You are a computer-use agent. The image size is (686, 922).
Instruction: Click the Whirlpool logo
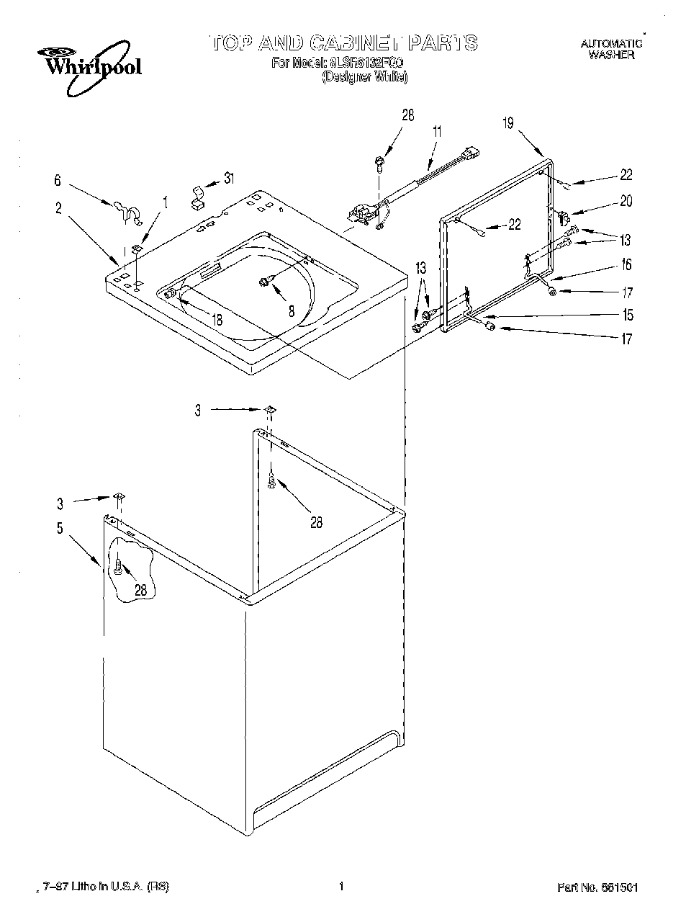[89, 68]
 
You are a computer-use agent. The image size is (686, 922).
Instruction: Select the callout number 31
[229, 178]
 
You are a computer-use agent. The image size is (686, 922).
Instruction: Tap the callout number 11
[436, 131]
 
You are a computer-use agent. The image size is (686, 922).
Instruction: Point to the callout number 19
[508, 123]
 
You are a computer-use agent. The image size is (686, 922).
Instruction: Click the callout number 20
[626, 202]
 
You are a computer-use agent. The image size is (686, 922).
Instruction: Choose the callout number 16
[626, 265]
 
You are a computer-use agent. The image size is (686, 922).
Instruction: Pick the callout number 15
[628, 315]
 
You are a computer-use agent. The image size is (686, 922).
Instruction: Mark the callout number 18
[217, 320]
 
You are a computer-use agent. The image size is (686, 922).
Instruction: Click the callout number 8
[292, 310]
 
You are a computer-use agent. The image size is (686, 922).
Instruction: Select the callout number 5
[60, 529]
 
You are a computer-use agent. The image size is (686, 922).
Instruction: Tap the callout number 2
[58, 209]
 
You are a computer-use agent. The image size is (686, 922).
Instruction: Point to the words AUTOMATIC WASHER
[610, 49]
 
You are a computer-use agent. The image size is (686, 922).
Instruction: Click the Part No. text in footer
[598, 887]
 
